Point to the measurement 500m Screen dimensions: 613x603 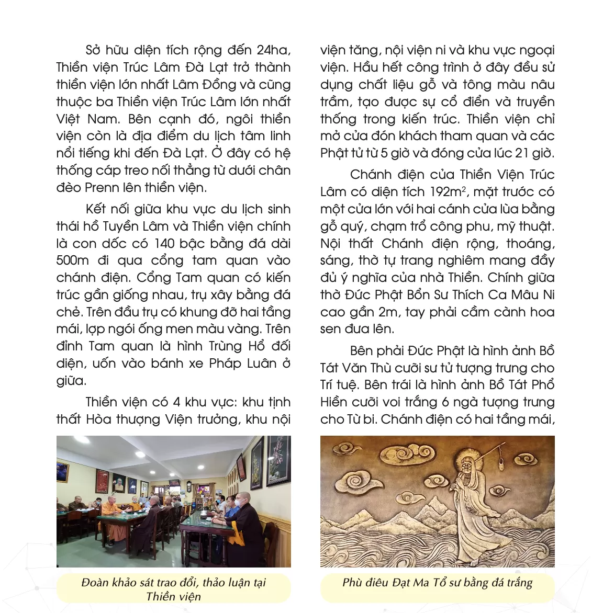click(x=73, y=261)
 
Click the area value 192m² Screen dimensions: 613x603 click(x=449, y=192)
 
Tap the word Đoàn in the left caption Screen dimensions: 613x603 click(x=96, y=583)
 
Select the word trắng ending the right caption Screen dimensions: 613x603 click(x=518, y=583)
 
